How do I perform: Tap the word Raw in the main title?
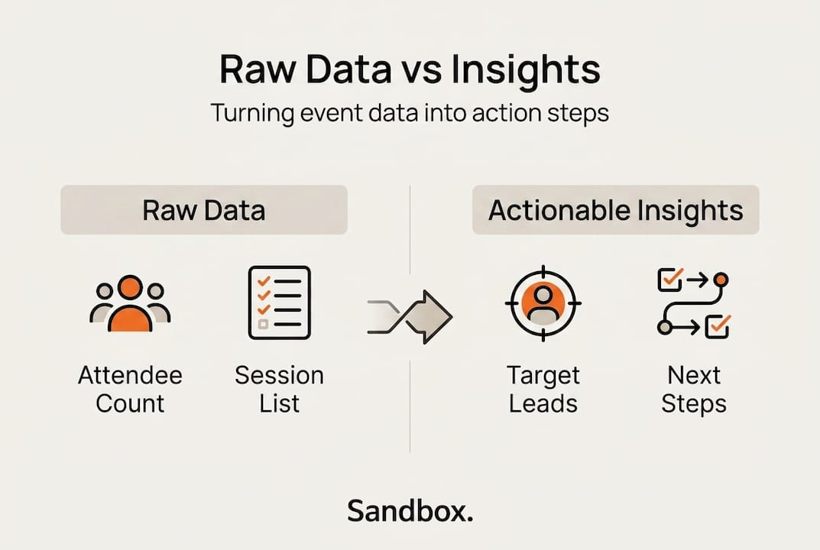(257, 69)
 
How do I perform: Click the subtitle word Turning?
(252, 114)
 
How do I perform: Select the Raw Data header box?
(204, 209)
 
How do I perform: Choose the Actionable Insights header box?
(615, 209)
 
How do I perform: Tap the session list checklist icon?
(279, 302)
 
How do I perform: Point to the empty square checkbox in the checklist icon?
(263, 325)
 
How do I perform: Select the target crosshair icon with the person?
(543, 303)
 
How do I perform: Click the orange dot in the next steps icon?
(721, 280)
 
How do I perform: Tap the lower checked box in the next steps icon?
(718, 326)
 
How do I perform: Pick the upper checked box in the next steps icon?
(670, 280)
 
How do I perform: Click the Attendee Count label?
(130, 390)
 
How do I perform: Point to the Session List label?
(279, 390)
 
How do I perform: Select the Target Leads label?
(543, 390)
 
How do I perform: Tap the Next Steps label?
(694, 390)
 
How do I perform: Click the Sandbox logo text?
(410, 511)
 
